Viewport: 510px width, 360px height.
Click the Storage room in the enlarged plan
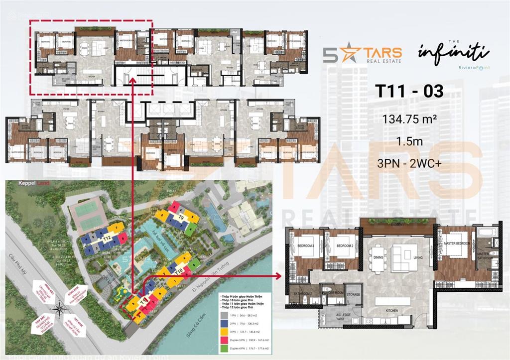click(x=354, y=295)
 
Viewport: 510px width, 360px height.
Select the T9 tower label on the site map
click(x=181, y=218)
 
